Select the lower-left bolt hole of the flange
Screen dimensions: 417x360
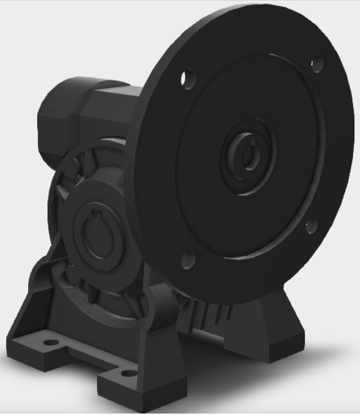[187, 261]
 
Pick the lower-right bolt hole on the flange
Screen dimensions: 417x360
[310, 226]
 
